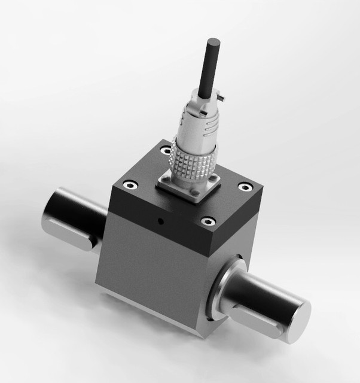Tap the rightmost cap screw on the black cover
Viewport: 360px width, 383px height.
point(246,187)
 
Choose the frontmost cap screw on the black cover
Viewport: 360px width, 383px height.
point(207,222)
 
